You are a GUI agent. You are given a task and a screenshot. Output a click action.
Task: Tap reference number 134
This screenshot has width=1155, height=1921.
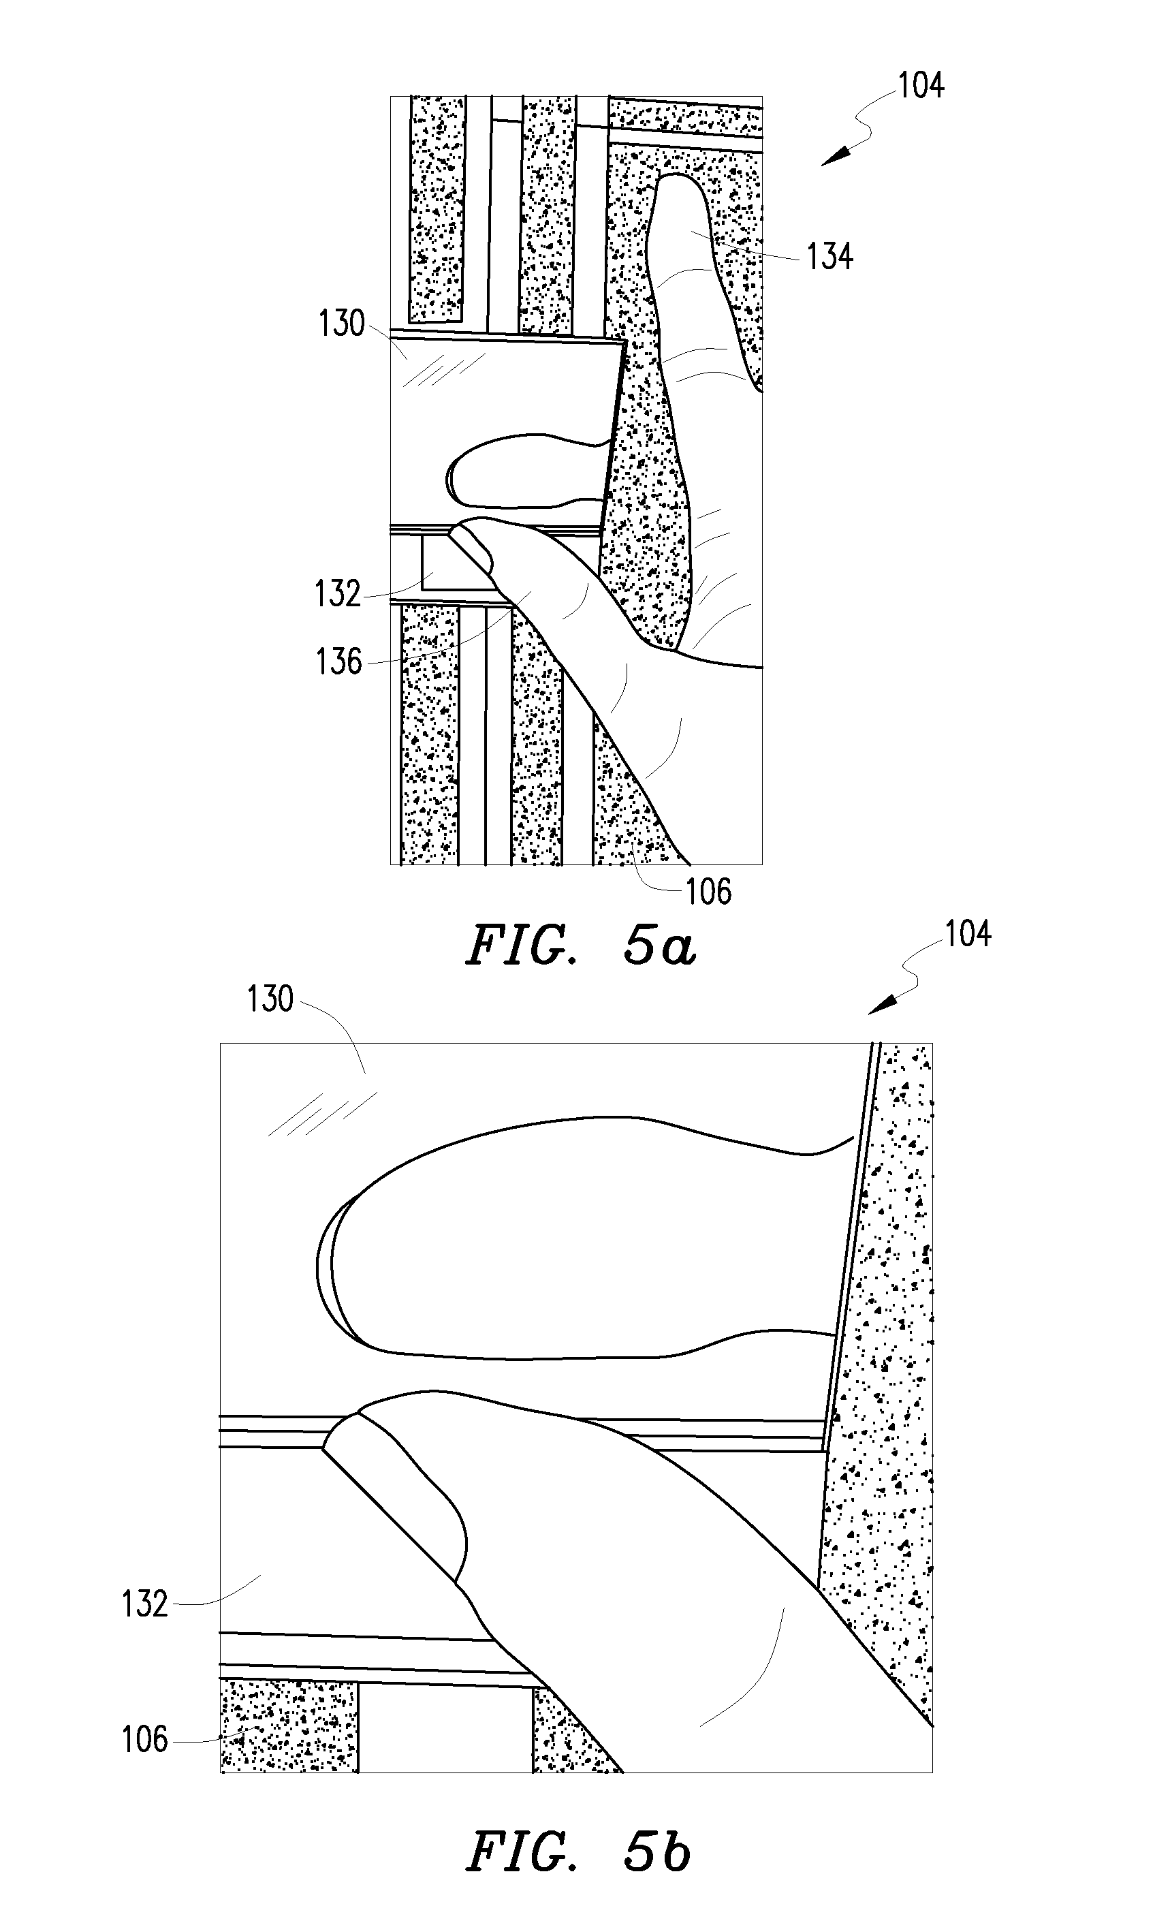829,256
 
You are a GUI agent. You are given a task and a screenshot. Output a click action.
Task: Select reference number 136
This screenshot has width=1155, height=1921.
339,661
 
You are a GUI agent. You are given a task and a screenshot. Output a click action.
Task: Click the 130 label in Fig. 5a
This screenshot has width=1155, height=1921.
342,323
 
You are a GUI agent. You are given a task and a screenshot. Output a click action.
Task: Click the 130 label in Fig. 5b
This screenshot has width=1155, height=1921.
270,999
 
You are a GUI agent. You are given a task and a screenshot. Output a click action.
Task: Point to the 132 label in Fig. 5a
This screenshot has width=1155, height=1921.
338,594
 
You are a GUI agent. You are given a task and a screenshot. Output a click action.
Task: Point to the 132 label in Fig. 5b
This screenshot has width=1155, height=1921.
145,1604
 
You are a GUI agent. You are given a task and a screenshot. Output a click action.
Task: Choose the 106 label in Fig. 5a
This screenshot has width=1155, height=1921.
708,892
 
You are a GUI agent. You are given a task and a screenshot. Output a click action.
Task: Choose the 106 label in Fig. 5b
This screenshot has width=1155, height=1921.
145,1739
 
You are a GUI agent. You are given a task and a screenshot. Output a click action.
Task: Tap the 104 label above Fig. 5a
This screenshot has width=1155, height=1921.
921,86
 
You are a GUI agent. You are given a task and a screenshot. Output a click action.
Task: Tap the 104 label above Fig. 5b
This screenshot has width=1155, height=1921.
968,934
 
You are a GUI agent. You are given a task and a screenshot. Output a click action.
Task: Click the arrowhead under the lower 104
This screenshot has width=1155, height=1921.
881,1005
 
